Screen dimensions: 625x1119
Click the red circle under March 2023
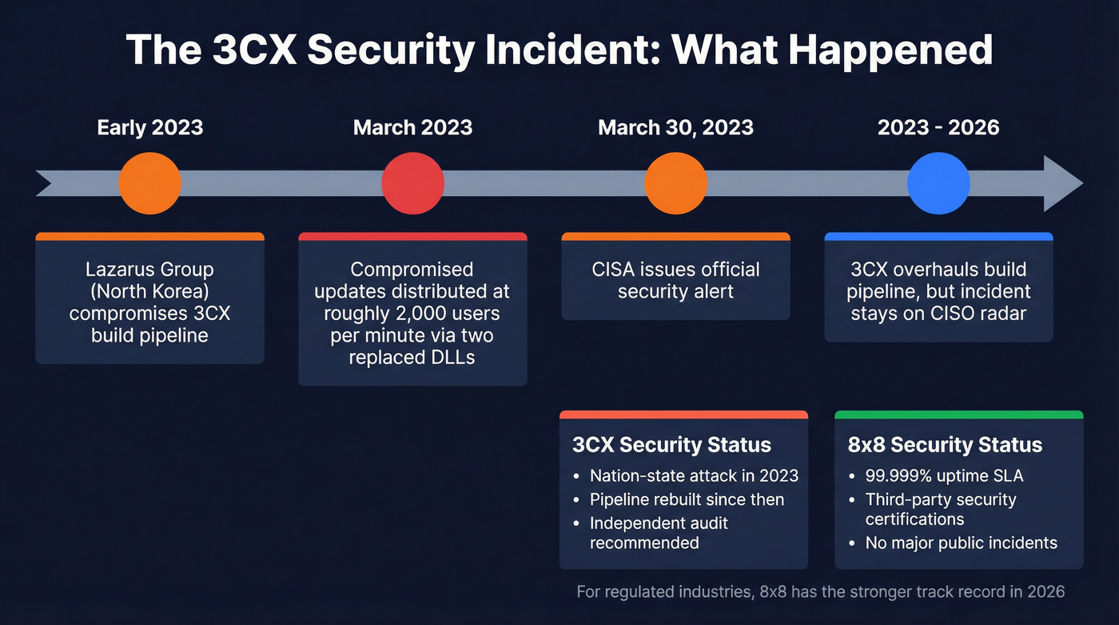point(412,183)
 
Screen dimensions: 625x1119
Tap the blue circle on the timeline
point(938,183)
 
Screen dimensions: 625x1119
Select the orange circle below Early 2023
point(150,183)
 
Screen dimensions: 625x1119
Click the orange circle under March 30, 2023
point(675,183)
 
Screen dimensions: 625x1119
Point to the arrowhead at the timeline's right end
point(1062,183)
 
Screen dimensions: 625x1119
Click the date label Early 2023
point(150,127)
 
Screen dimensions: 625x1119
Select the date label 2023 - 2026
point(938,127)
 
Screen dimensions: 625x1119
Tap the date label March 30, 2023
point(675,127)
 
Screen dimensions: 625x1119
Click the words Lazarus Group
point(150,270)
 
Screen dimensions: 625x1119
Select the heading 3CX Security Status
point(671,445)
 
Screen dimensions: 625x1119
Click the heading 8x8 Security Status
point(945,445)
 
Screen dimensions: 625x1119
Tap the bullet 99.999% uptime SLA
point(944,475)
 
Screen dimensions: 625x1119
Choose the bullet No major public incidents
point(961,543)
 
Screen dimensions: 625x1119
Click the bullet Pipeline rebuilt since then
point(687,499)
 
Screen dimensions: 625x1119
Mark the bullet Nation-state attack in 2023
point(694,475)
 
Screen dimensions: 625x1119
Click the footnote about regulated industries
point(820,591)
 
